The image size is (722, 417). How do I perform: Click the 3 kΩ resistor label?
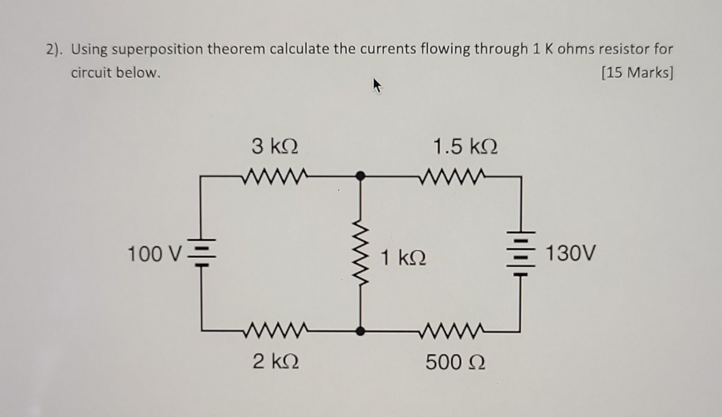[275, 147]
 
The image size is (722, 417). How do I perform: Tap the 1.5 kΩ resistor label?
[465, 147]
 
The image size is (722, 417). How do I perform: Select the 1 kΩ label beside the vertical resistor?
[403, 258]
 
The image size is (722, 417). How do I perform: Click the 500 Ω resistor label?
[455, 363]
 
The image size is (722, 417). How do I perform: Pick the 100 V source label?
[154, 254]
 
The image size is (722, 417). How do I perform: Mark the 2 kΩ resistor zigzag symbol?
[275, 330]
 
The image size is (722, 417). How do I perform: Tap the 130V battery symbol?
[521, 253]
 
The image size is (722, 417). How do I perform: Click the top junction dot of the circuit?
[360, 176]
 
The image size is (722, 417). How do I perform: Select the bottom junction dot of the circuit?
[360, 331]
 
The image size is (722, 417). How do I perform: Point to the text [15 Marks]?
[637, 73]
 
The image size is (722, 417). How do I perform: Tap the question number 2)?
[54, 49]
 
